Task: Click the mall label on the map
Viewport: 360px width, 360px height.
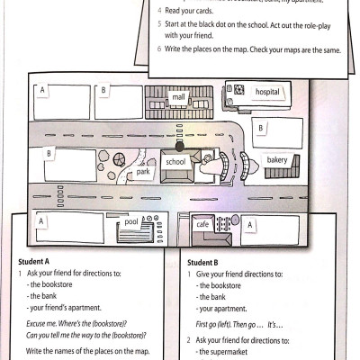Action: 178,96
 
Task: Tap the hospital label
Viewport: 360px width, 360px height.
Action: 268,92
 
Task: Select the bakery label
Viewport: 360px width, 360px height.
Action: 276,160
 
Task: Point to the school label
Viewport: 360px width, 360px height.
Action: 176,162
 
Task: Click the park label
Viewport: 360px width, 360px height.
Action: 143,171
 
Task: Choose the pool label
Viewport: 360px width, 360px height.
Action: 131,220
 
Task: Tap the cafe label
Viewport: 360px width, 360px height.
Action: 202,225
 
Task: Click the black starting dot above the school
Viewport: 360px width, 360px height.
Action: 179,145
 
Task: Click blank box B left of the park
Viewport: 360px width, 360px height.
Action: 68,165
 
